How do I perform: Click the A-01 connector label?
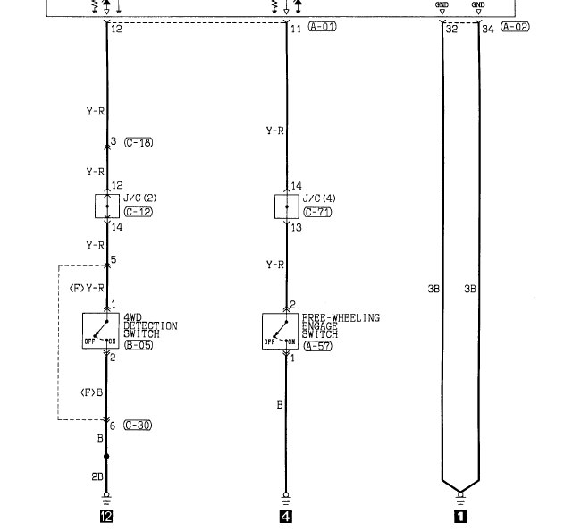point(322,28)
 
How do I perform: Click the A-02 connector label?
point(515,28)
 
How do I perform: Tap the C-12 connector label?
point(138,212)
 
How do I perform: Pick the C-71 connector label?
point(317,212)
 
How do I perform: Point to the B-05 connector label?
point(138,345)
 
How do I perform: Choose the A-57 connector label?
point(317,346)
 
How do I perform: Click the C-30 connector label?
point(138,425)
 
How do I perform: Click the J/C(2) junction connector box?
point(107,206)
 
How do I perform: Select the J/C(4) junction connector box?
point(286,206)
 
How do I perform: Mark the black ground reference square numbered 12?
point(107,516)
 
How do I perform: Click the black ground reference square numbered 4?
point(286,516)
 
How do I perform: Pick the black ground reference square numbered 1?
point(460,516)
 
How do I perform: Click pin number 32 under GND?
point(450,29)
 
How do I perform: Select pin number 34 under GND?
point(487,29)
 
